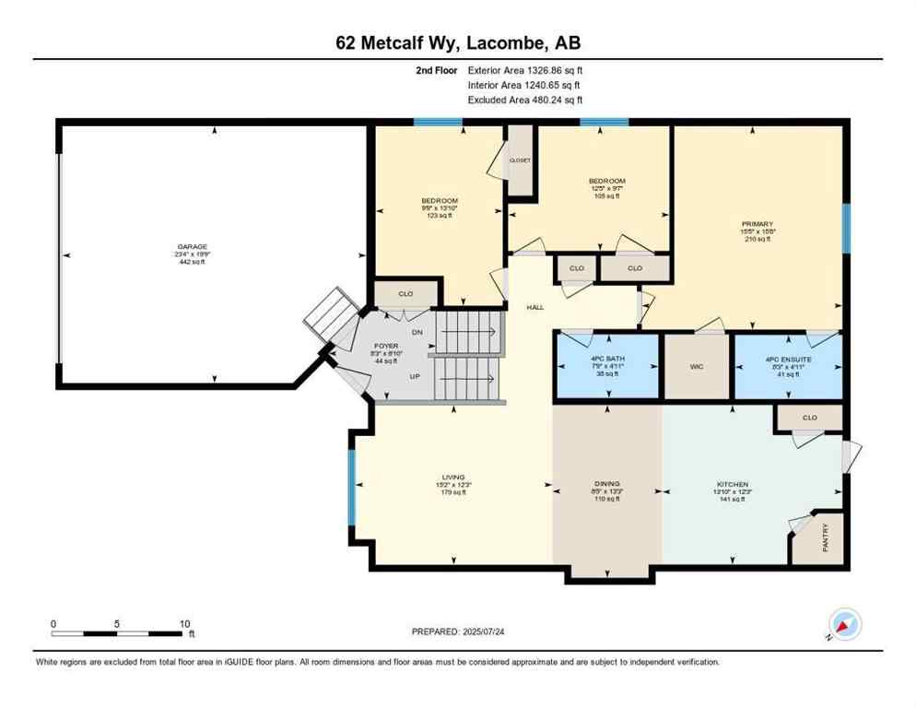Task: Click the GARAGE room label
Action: [x=193, y=247]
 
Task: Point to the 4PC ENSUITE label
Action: [x=788, y=359]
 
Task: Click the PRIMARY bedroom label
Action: [x=757, y=224]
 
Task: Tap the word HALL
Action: [x=535, y=307]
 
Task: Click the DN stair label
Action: [x=417, y=332]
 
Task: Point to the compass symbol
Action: [x=844, y=624]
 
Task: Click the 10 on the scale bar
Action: [x=184, y=623]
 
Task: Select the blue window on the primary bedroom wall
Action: [x=846, y=229]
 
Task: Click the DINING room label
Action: [x=606, y=484]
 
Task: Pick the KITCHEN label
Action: [x=733, y=484]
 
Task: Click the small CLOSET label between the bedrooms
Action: [x=521, y=160]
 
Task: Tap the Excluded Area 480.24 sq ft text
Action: [x=525, y=100]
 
